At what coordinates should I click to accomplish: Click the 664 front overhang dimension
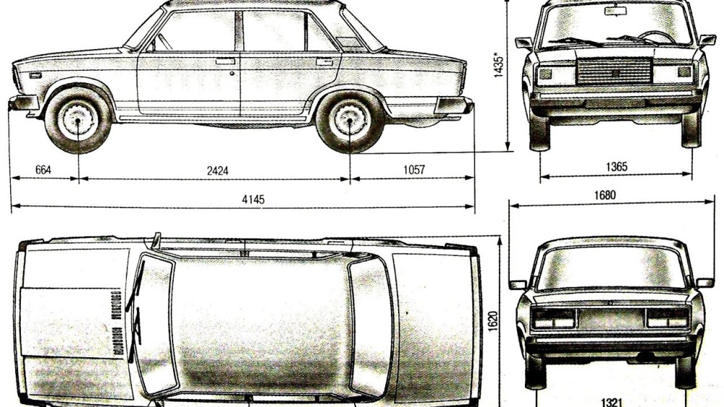(x=43, y=170)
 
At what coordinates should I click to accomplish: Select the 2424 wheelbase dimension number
(x=217, y=171)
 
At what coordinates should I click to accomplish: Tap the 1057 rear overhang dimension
(x=413, y=170)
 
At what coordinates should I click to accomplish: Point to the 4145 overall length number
(x=253, y=200)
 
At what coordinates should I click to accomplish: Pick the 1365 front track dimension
(x=616, y=166)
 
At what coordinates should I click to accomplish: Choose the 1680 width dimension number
(x=605, y=195)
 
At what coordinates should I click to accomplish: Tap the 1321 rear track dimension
(x=612, y=402)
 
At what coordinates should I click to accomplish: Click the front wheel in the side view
(x=77, y=120)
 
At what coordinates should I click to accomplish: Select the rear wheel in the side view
(x=350, y=120)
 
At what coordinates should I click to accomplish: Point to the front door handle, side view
(x=225, y=61)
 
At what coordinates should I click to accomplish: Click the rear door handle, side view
(x=324, y=61)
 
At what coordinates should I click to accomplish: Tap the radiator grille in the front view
(x=614, y=72)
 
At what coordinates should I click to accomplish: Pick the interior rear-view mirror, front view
(x=615, y=11)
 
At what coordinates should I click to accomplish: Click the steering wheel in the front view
(x=656, y=37)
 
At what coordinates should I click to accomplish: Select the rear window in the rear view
(x=611, y=267)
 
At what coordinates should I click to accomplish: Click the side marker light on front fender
(x=35, y=75)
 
